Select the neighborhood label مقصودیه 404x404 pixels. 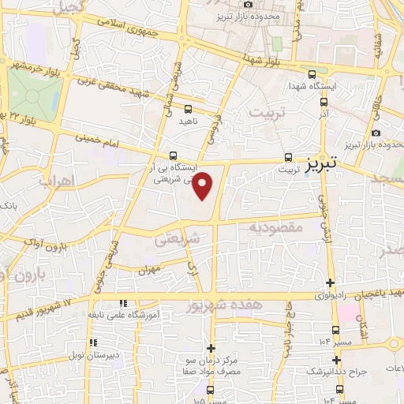[276, 226]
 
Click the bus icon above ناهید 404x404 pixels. [188, 110]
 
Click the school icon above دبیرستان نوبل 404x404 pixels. [93, 342]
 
